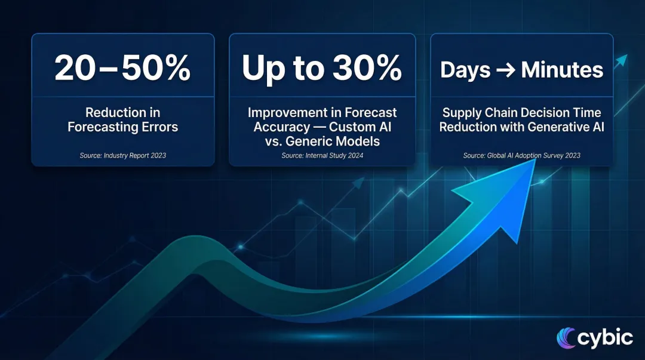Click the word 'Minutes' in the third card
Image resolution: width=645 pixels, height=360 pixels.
tap(562, 70)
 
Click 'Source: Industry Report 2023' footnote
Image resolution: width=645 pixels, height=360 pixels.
tap(122, 155)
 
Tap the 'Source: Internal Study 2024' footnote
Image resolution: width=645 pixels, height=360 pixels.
tap(322, 155)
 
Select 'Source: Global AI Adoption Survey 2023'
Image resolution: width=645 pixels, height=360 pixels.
tap(521, 155)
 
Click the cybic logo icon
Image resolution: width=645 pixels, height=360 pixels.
tap(565, 338)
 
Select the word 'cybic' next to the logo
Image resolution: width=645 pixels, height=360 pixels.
tap(604, 338)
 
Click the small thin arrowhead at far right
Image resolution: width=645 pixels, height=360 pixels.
tap(622, 59)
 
